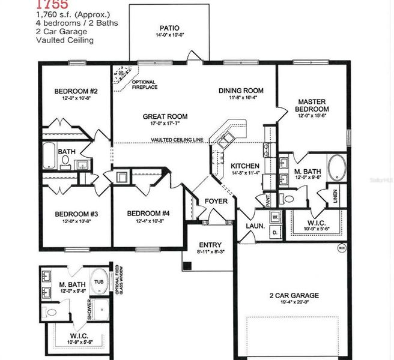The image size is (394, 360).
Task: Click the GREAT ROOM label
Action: pos(165,116)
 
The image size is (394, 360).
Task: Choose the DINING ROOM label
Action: pos(241,91)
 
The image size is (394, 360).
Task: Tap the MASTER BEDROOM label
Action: pos(312,106)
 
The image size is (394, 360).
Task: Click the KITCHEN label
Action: pos(245,166)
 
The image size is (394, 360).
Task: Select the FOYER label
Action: pos(216,201)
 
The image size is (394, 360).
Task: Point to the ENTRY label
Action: pos(210,245)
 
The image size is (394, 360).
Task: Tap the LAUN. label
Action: pos(250,226)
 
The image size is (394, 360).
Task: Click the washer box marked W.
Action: pos(274,216)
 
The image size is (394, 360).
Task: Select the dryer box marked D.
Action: pos(274,231)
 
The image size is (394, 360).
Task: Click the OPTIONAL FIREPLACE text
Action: pos(144,85)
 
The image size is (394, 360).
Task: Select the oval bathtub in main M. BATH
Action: pos(337,167)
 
